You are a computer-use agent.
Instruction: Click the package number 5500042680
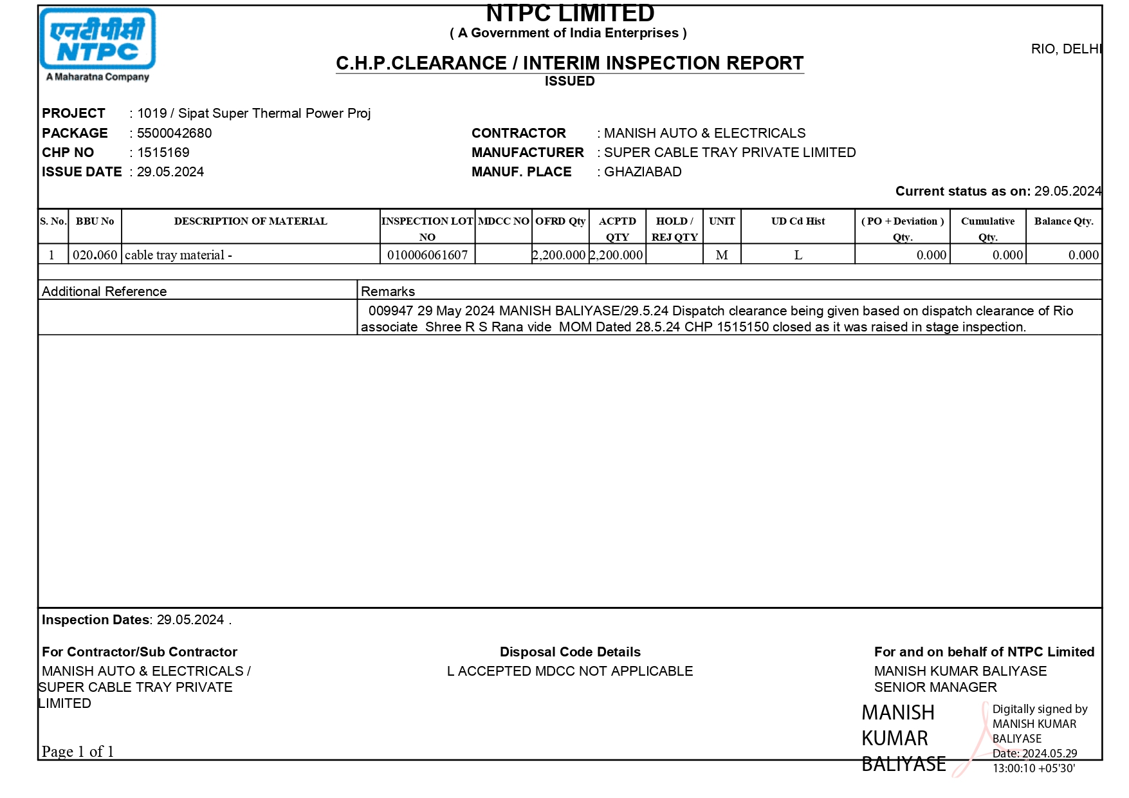pos(174,133)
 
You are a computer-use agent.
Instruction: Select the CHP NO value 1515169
pos(163,153)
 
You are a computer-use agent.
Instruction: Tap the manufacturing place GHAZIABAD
pos(643,172)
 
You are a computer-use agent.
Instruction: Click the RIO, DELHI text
pos(1066,49)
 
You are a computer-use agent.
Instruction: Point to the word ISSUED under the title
pos(569,81)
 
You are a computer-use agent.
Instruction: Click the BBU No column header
pos(95,221)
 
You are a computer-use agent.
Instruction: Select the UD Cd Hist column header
pos(798,221)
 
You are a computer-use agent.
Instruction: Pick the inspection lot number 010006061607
pos(427,255)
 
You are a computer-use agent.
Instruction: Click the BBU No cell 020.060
pos(95,255)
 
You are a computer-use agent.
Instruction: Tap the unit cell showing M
pos(722,255)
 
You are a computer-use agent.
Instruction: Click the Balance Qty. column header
pos(1063,221)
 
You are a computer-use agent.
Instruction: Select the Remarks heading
pos(388,291)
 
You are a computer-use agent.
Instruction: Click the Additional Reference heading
pos(104,291)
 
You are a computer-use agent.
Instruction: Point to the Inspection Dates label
pos(95,620)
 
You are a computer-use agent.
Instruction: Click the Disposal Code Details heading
pos(570,652)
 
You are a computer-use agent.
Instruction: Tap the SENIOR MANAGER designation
pos(935,687)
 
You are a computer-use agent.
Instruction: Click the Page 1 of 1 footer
pos(78,752)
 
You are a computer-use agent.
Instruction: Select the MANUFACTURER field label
pos(528,153)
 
